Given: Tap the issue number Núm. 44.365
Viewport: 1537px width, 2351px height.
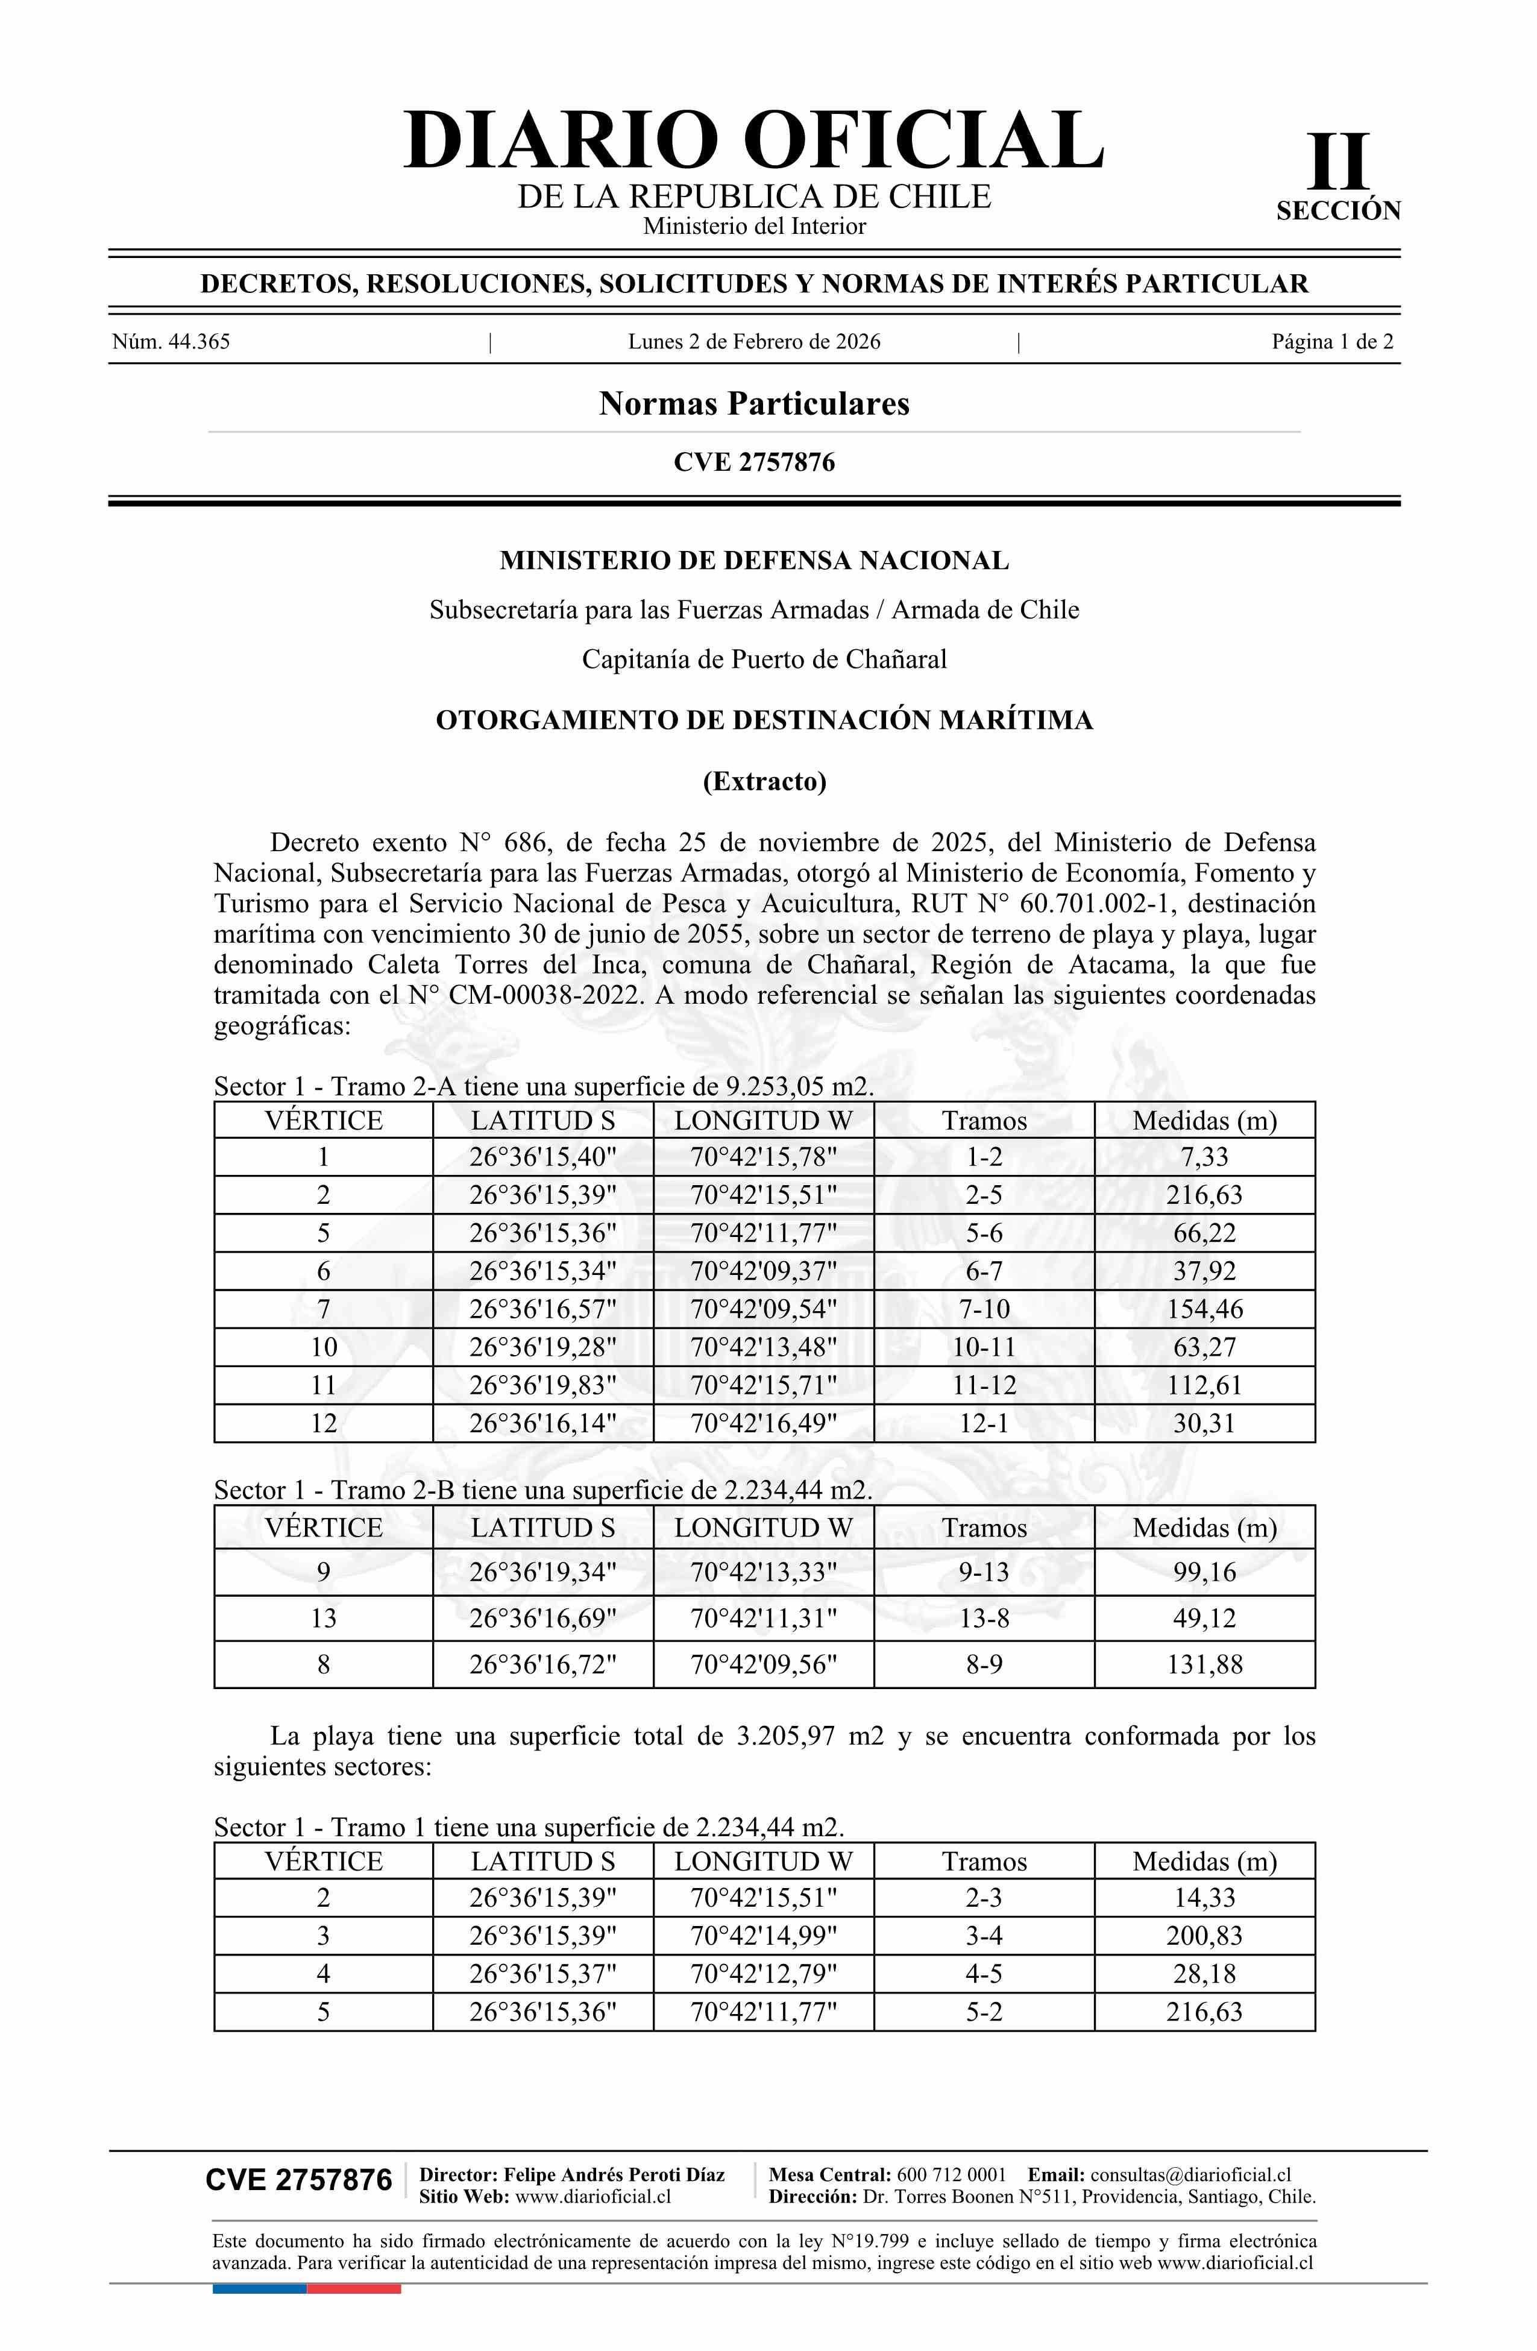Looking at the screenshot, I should pos(171,342).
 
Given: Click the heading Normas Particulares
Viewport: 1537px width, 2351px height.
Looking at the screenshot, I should pos(753,403).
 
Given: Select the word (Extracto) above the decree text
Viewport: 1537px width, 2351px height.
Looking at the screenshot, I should pos(764,781).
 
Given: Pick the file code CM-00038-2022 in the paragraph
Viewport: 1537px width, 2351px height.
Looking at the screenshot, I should pos(549,995).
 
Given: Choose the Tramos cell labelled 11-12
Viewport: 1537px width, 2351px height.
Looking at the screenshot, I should pos(984,1385).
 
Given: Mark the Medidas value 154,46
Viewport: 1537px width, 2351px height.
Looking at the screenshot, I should pos(1204,1309).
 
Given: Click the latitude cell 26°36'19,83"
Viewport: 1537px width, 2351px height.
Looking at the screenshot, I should pos(542,1385).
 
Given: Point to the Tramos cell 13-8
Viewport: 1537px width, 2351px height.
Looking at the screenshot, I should pos(984,1618).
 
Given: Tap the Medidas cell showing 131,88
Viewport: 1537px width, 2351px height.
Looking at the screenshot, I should pos(1204,1664).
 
